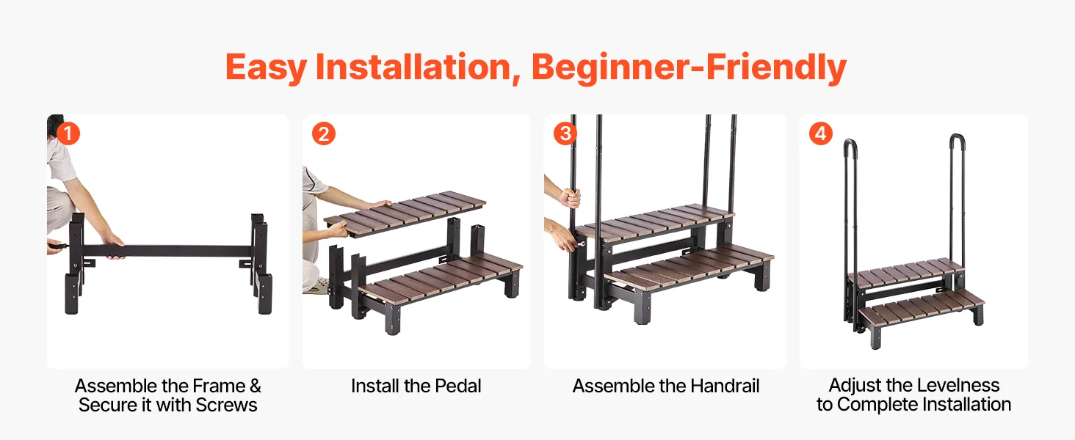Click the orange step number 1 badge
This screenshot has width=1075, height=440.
(68, 133)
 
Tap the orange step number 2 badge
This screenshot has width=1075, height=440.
(324, 133)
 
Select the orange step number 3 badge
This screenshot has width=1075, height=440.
(565, 133)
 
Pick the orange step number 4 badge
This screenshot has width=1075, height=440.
(821, 133)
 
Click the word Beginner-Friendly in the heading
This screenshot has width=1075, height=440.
(689, 67)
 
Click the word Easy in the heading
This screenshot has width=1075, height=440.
(266, 68)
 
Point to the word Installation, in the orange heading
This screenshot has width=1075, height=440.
(419, 67)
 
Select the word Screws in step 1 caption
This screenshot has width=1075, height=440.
(226, 405)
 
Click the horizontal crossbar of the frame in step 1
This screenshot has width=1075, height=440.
(168, 251)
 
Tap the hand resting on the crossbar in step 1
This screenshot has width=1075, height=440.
(115, 244)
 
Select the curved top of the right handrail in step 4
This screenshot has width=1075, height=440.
(957, 139)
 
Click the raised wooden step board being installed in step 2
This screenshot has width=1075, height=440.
(405, 214)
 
